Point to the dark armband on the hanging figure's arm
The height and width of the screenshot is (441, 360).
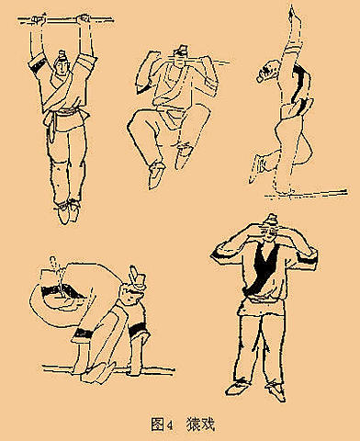[35, 69]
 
